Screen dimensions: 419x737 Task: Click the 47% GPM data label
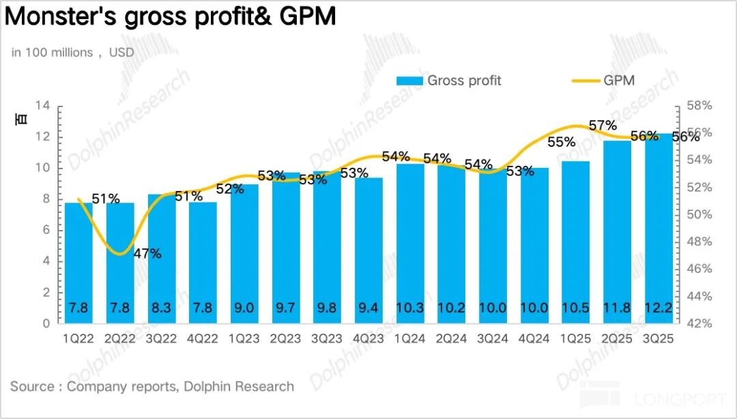tap(147, 254)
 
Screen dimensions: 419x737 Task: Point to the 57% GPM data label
tap(603, 126)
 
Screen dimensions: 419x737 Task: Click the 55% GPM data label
tap(561, 143)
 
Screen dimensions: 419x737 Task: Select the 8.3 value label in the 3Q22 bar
tap(162, 308)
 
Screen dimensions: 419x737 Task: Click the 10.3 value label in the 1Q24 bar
tap(410, 308)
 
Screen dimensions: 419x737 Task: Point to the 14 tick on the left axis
tap(43, 106)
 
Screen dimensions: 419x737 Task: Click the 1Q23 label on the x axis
tap(244, 339)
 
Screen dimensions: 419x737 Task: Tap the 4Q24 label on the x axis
tap(534, 339)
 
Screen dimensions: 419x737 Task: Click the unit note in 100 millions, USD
tap(72, 53)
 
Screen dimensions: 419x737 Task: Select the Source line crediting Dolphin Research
tap(152, 386)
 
